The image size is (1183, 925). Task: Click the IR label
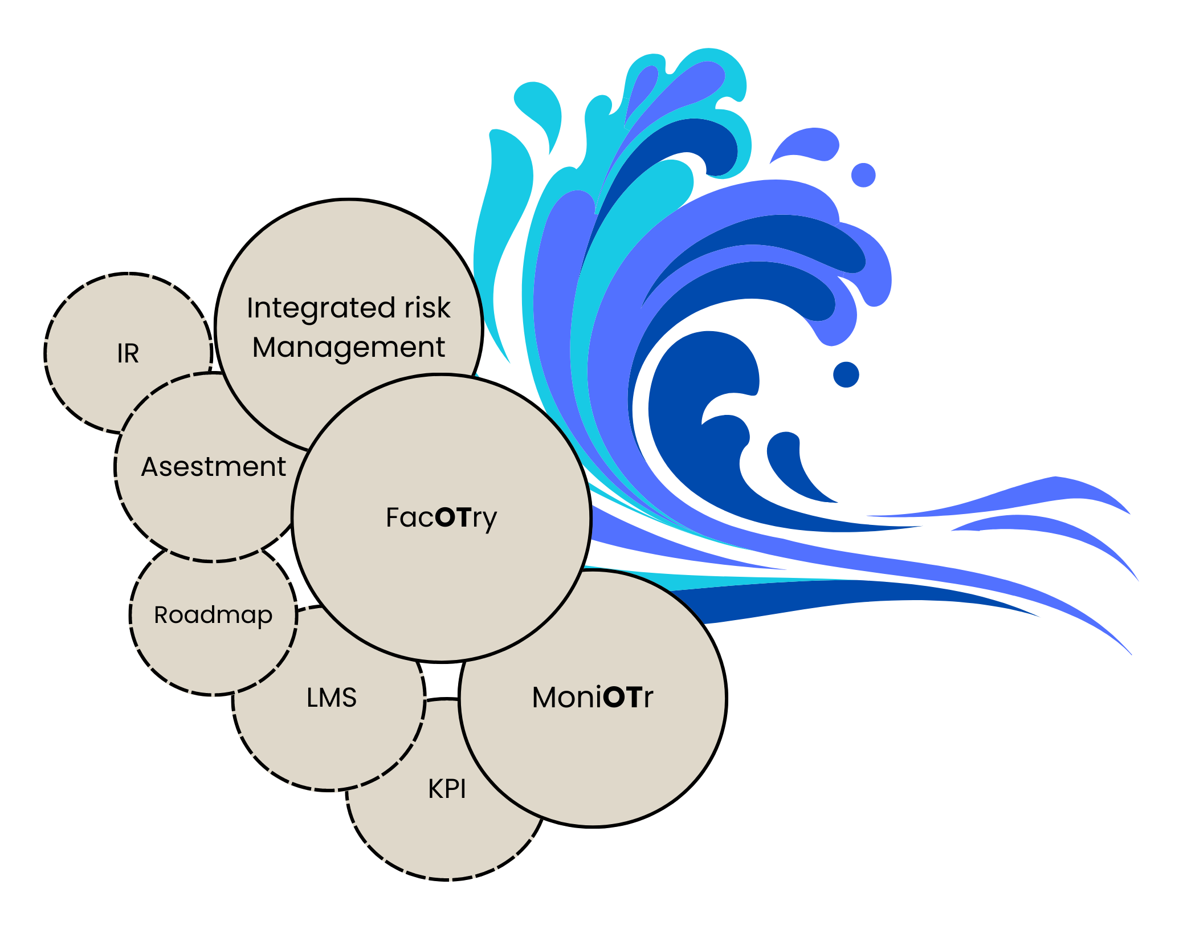(128, 353)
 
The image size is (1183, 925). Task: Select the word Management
(348, 348)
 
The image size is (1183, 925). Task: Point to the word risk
(427, 308)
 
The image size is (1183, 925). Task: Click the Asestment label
(213, 467)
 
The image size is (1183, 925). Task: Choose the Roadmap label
(213, 615)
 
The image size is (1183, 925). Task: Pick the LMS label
(332, 698)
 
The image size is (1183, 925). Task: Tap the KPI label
(447, 789)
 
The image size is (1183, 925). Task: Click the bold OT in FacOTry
(453, 517)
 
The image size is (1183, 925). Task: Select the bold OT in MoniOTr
(621, 697)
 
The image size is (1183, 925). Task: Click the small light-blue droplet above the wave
(863, 175)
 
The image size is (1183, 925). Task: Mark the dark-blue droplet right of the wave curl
(846, 374)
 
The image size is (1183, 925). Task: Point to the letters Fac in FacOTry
(409, 517)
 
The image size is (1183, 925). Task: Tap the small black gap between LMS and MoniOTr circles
(442, 681)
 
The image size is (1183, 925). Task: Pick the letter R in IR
(133, 353)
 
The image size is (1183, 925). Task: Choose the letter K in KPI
(435, 789)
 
